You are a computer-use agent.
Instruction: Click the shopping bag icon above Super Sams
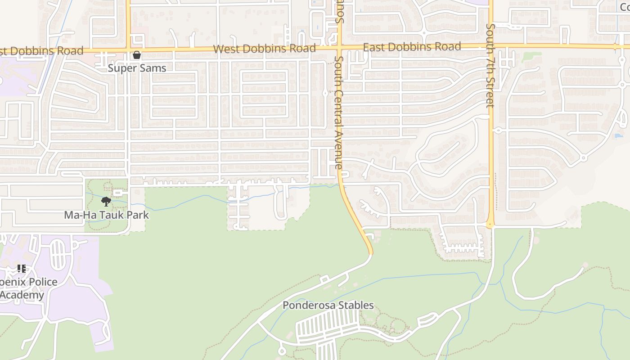click(x=137, y=55)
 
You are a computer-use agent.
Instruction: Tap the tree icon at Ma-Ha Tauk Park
click(x=106, y=201)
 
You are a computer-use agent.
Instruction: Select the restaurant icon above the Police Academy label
click(x=21, y=269)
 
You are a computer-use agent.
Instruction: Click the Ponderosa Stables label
click(x=328, y=305)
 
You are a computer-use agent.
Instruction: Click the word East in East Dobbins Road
click(x=375, y=47)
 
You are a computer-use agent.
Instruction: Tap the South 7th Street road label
click(x=490, y=66)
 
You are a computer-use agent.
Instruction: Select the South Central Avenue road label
click(x=339, y=112)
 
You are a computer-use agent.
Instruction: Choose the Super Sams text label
click(x=137, y=68)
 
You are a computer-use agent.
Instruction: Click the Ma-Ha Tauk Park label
click(x=106, y=215)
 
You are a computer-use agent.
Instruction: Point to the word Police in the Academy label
click(x=41, y=282)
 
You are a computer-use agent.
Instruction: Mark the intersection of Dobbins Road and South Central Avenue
click(x=339, y=46)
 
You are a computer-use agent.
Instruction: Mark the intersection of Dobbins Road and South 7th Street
click(x=490, y=45)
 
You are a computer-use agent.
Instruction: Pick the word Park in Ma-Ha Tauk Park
click(x=138, y=215)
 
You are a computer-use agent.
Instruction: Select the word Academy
click(x=22, y=295)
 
